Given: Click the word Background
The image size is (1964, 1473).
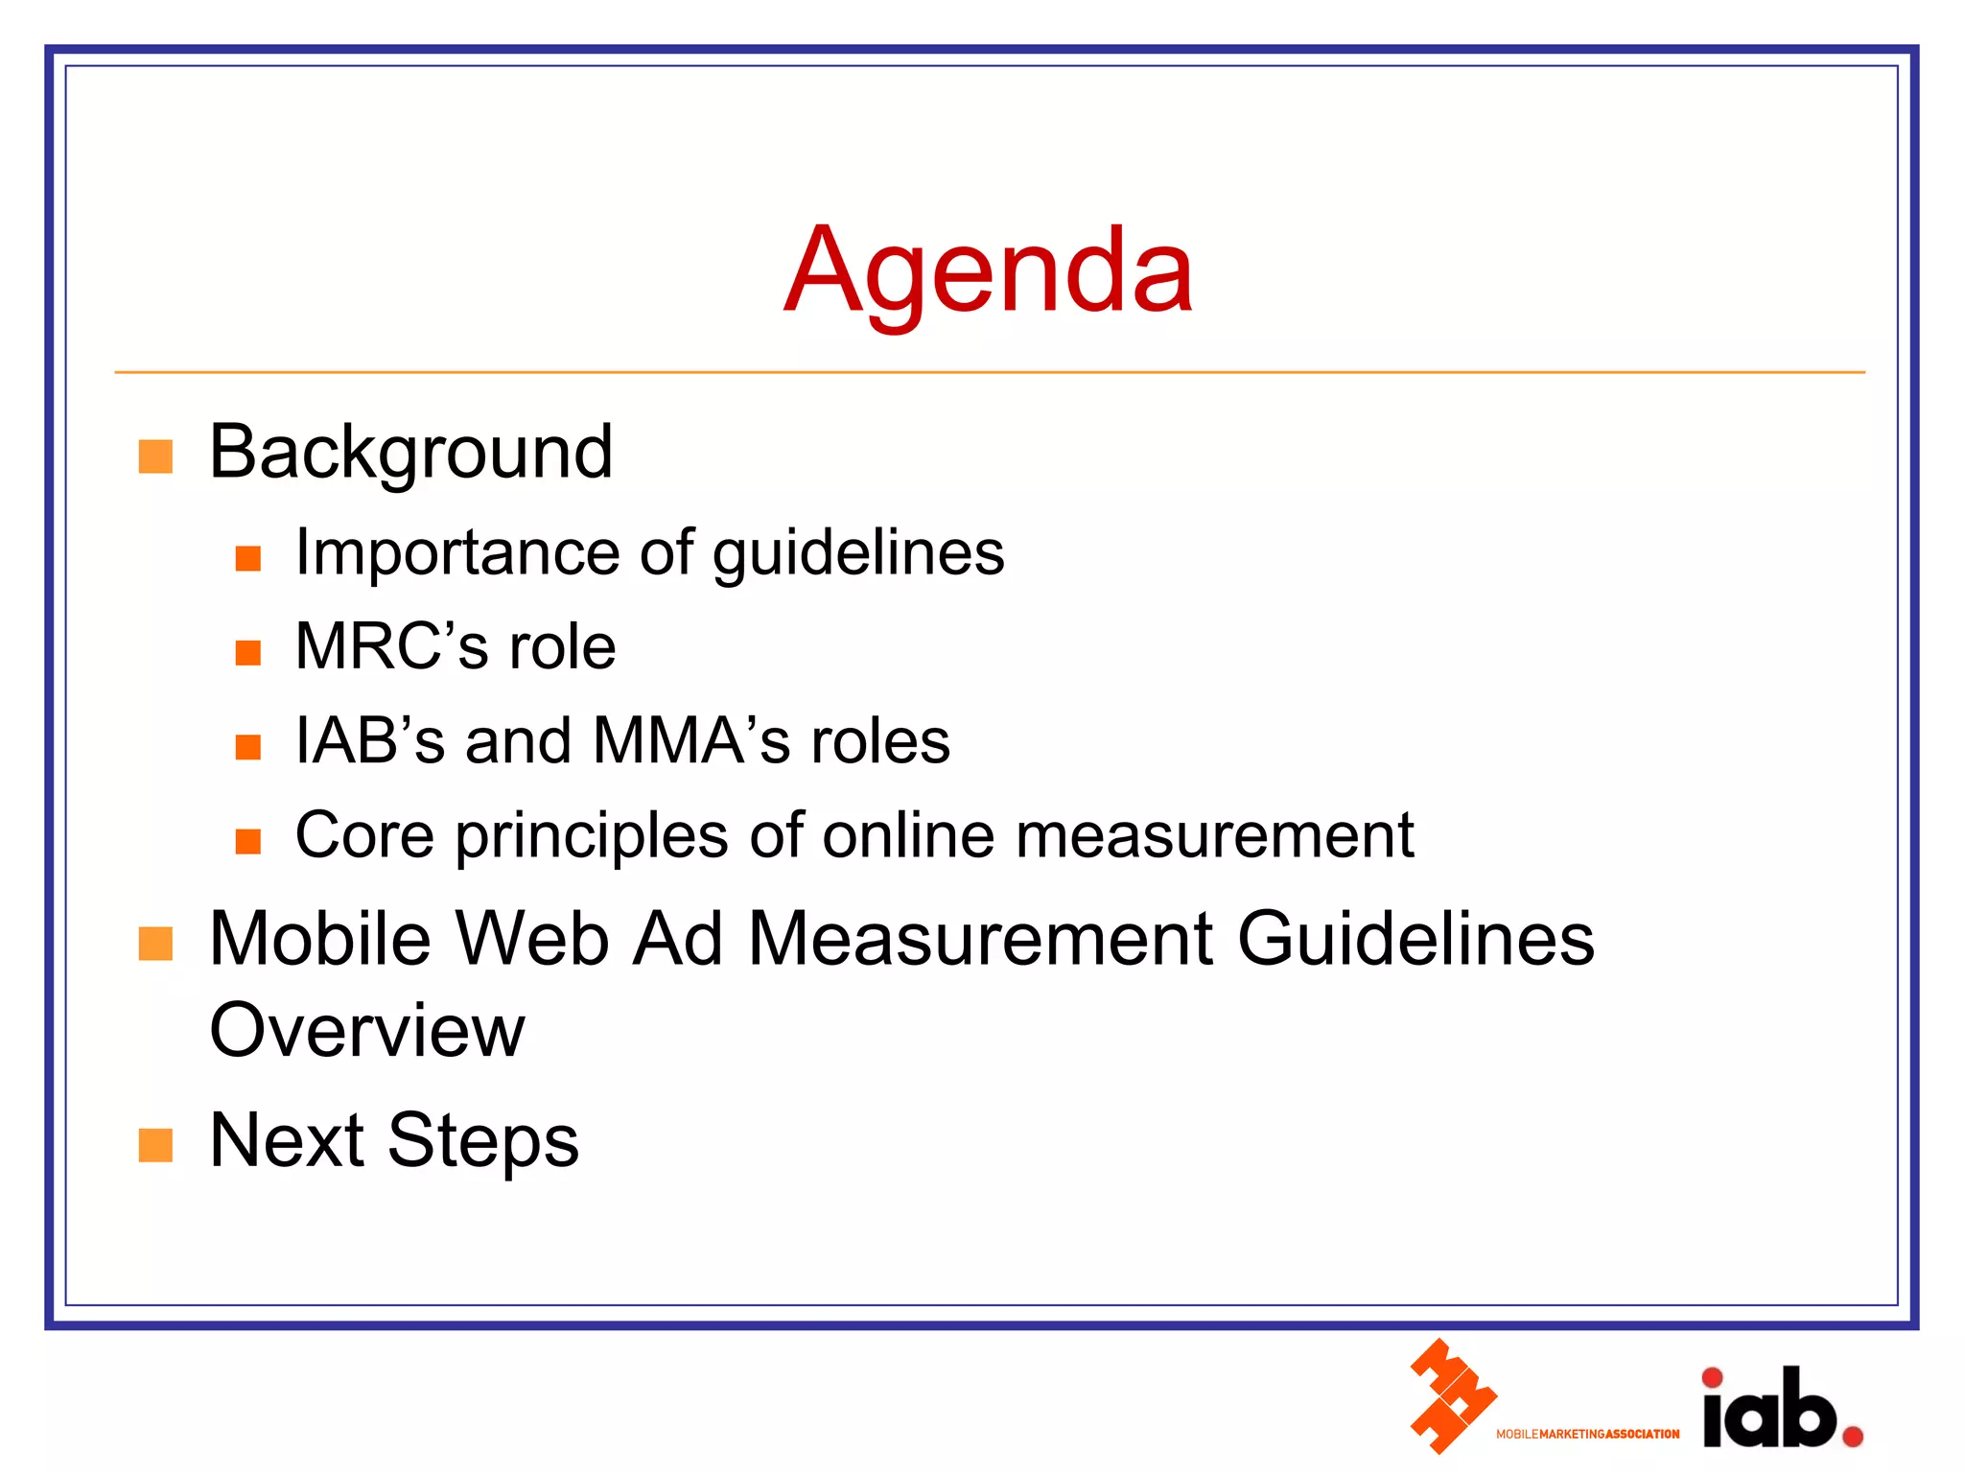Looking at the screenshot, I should tap(410, 453).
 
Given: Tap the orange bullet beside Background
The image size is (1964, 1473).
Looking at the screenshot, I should tap(155, 456).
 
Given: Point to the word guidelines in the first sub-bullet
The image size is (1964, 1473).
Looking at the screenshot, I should tap(858, 555).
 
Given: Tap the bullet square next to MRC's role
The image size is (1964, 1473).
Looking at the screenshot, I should tap(248, 653).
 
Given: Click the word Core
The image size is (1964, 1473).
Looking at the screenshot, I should tap(364, 834).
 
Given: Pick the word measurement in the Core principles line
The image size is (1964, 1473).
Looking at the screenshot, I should tap(1214, 834).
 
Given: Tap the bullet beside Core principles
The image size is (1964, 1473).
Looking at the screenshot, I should tap(248, 841).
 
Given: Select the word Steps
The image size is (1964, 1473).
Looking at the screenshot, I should tap(482, 1140).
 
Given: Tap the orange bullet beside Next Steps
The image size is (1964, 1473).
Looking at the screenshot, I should tap(155, 1144).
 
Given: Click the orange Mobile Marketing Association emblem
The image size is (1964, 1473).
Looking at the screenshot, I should tap(1452, 1396).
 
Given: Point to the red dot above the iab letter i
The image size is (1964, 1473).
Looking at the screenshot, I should tap(1712, 1378).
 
